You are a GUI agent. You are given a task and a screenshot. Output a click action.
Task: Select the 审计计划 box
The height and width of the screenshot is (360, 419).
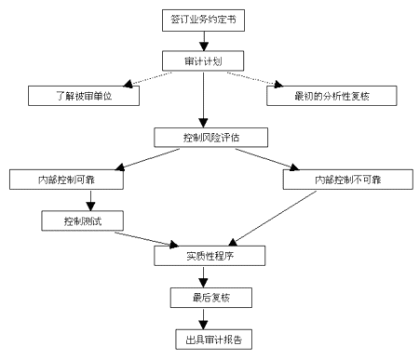click(203, 60)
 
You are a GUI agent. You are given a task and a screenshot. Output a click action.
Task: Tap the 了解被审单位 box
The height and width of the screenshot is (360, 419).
click(83, 95)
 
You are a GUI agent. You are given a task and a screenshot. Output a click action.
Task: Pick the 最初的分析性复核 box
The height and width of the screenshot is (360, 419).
click(332, 95)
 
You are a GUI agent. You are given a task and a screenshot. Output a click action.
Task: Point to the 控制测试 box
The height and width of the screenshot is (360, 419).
click(81, 220)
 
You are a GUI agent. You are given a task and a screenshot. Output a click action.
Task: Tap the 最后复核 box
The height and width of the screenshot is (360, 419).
click(204, 297)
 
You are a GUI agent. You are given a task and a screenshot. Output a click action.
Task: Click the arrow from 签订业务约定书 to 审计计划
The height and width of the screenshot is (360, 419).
click(203, 41)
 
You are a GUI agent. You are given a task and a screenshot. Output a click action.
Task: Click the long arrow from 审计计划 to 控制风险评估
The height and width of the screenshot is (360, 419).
click(203, 99)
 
